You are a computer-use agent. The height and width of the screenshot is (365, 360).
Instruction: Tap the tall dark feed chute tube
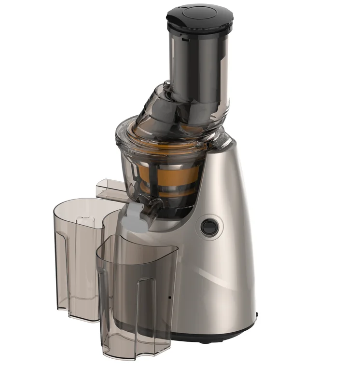click(198, 63)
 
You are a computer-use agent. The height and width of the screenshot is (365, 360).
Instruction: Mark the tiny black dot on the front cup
click(169, 297)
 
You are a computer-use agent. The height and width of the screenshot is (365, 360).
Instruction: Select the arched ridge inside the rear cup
click(85, 251)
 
